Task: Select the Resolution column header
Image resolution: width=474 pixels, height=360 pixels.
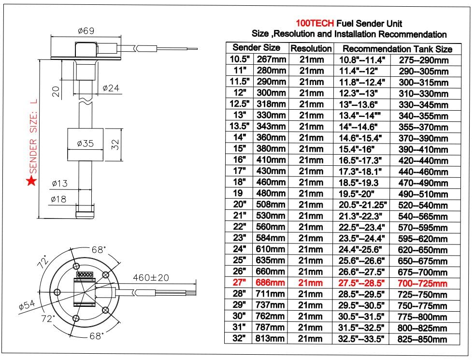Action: [311, 49]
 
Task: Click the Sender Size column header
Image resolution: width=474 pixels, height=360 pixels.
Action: [256, 48]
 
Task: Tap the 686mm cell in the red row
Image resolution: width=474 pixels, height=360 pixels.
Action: [271, 283]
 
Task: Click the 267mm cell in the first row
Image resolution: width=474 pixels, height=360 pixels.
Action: [271, 59]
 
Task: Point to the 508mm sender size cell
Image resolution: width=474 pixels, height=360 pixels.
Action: [271, 205]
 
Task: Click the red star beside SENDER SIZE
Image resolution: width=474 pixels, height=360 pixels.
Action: [31, 181]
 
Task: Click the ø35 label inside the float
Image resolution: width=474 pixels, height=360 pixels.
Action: [85, 144]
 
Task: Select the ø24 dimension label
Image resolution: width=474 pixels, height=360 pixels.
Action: [111, 88]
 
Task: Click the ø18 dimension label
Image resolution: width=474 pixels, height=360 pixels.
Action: [58, 199]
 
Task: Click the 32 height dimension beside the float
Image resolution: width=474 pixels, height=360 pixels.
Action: [115, 144]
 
